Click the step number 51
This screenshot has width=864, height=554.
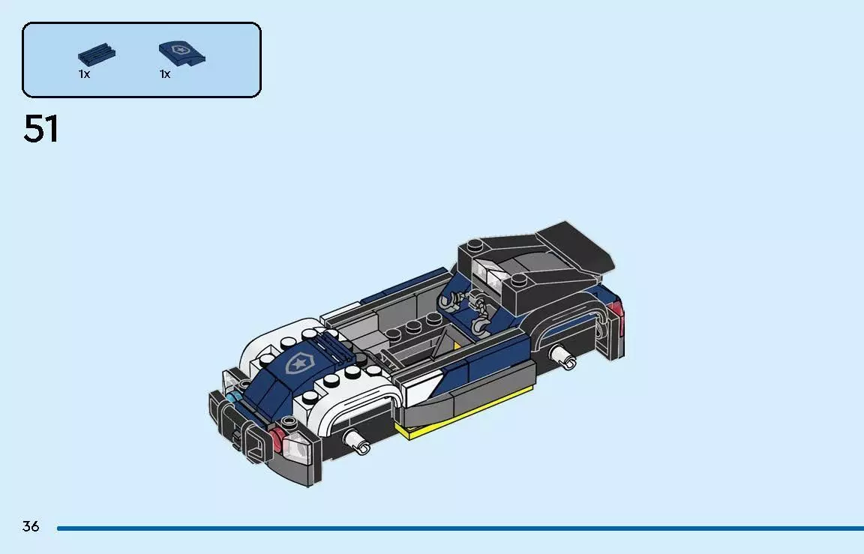tap(41, 129)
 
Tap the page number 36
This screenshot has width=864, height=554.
tap(31, 526)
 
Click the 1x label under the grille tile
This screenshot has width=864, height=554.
tap(84, 74)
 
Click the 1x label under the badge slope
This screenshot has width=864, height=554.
tap(165, 74)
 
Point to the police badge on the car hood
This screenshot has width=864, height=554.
tap(298, 362)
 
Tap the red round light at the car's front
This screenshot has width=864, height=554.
tap(277, 439)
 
